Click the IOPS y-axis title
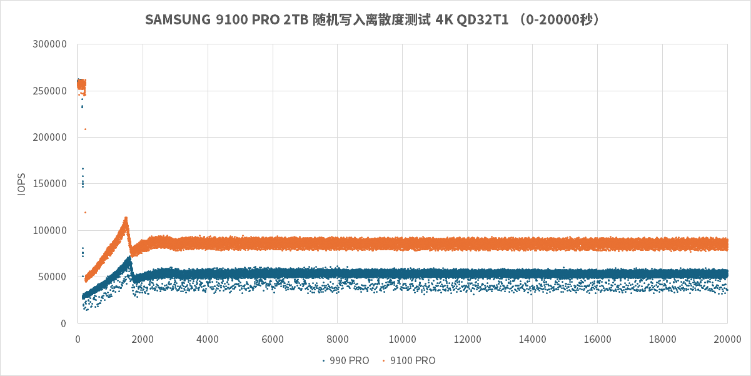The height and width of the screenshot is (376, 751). [x=22, y=185]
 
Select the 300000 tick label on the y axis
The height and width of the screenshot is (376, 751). [x=49, y=44]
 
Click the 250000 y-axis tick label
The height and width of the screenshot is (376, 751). [x=49, y=91]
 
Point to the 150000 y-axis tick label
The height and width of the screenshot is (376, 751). [x=49, y=184]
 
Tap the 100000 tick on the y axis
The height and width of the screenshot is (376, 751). [x=49, y=230]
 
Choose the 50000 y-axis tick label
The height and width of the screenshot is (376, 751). [x=52, y=277]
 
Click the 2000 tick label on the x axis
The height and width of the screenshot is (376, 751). [x=143, y=339]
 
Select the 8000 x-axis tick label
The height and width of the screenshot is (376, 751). [x=338, y=339]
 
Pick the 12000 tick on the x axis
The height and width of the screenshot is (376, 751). [x=467, y=339]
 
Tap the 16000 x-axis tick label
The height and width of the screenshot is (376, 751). [x=597, y=339]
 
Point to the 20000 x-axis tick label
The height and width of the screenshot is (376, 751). [x=727, y=339]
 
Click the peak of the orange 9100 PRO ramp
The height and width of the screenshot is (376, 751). [x=126, y=218]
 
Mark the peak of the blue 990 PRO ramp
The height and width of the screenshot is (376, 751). [x=129, y=257]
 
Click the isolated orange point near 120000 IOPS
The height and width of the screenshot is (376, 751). [x=85, y=212]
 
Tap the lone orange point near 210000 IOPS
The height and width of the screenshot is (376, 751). [x=85, y=129]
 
